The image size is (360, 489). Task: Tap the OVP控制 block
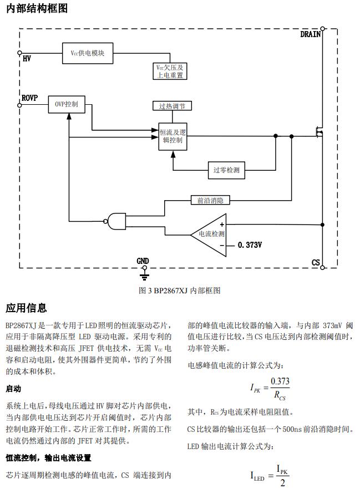67,104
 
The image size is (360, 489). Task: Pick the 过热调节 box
173,105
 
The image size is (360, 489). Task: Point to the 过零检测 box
226,170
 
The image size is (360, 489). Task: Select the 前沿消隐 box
210,200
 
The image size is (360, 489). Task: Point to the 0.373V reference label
250,245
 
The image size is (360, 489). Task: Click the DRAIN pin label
311,34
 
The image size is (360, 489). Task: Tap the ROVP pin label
29,98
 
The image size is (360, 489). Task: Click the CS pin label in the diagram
316,262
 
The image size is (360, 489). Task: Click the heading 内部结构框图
37,9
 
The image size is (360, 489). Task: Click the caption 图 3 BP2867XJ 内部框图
180,291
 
